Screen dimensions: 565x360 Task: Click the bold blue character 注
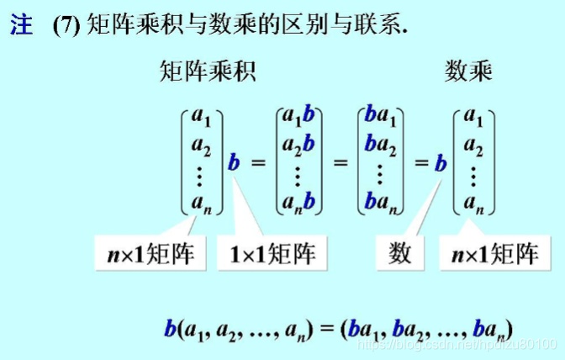click(x=21, y=25)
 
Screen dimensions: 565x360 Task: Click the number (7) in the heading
click(x=66, y=26)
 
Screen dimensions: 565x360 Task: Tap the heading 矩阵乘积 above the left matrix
click(x=207, y=73)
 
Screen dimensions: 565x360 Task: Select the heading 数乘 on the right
click(x=468, y=73)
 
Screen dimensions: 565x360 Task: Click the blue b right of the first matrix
click(x=234, y=161)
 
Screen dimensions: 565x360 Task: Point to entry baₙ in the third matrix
click(x=383, y=203)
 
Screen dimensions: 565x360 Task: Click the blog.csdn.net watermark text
click(x=454, y=345)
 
